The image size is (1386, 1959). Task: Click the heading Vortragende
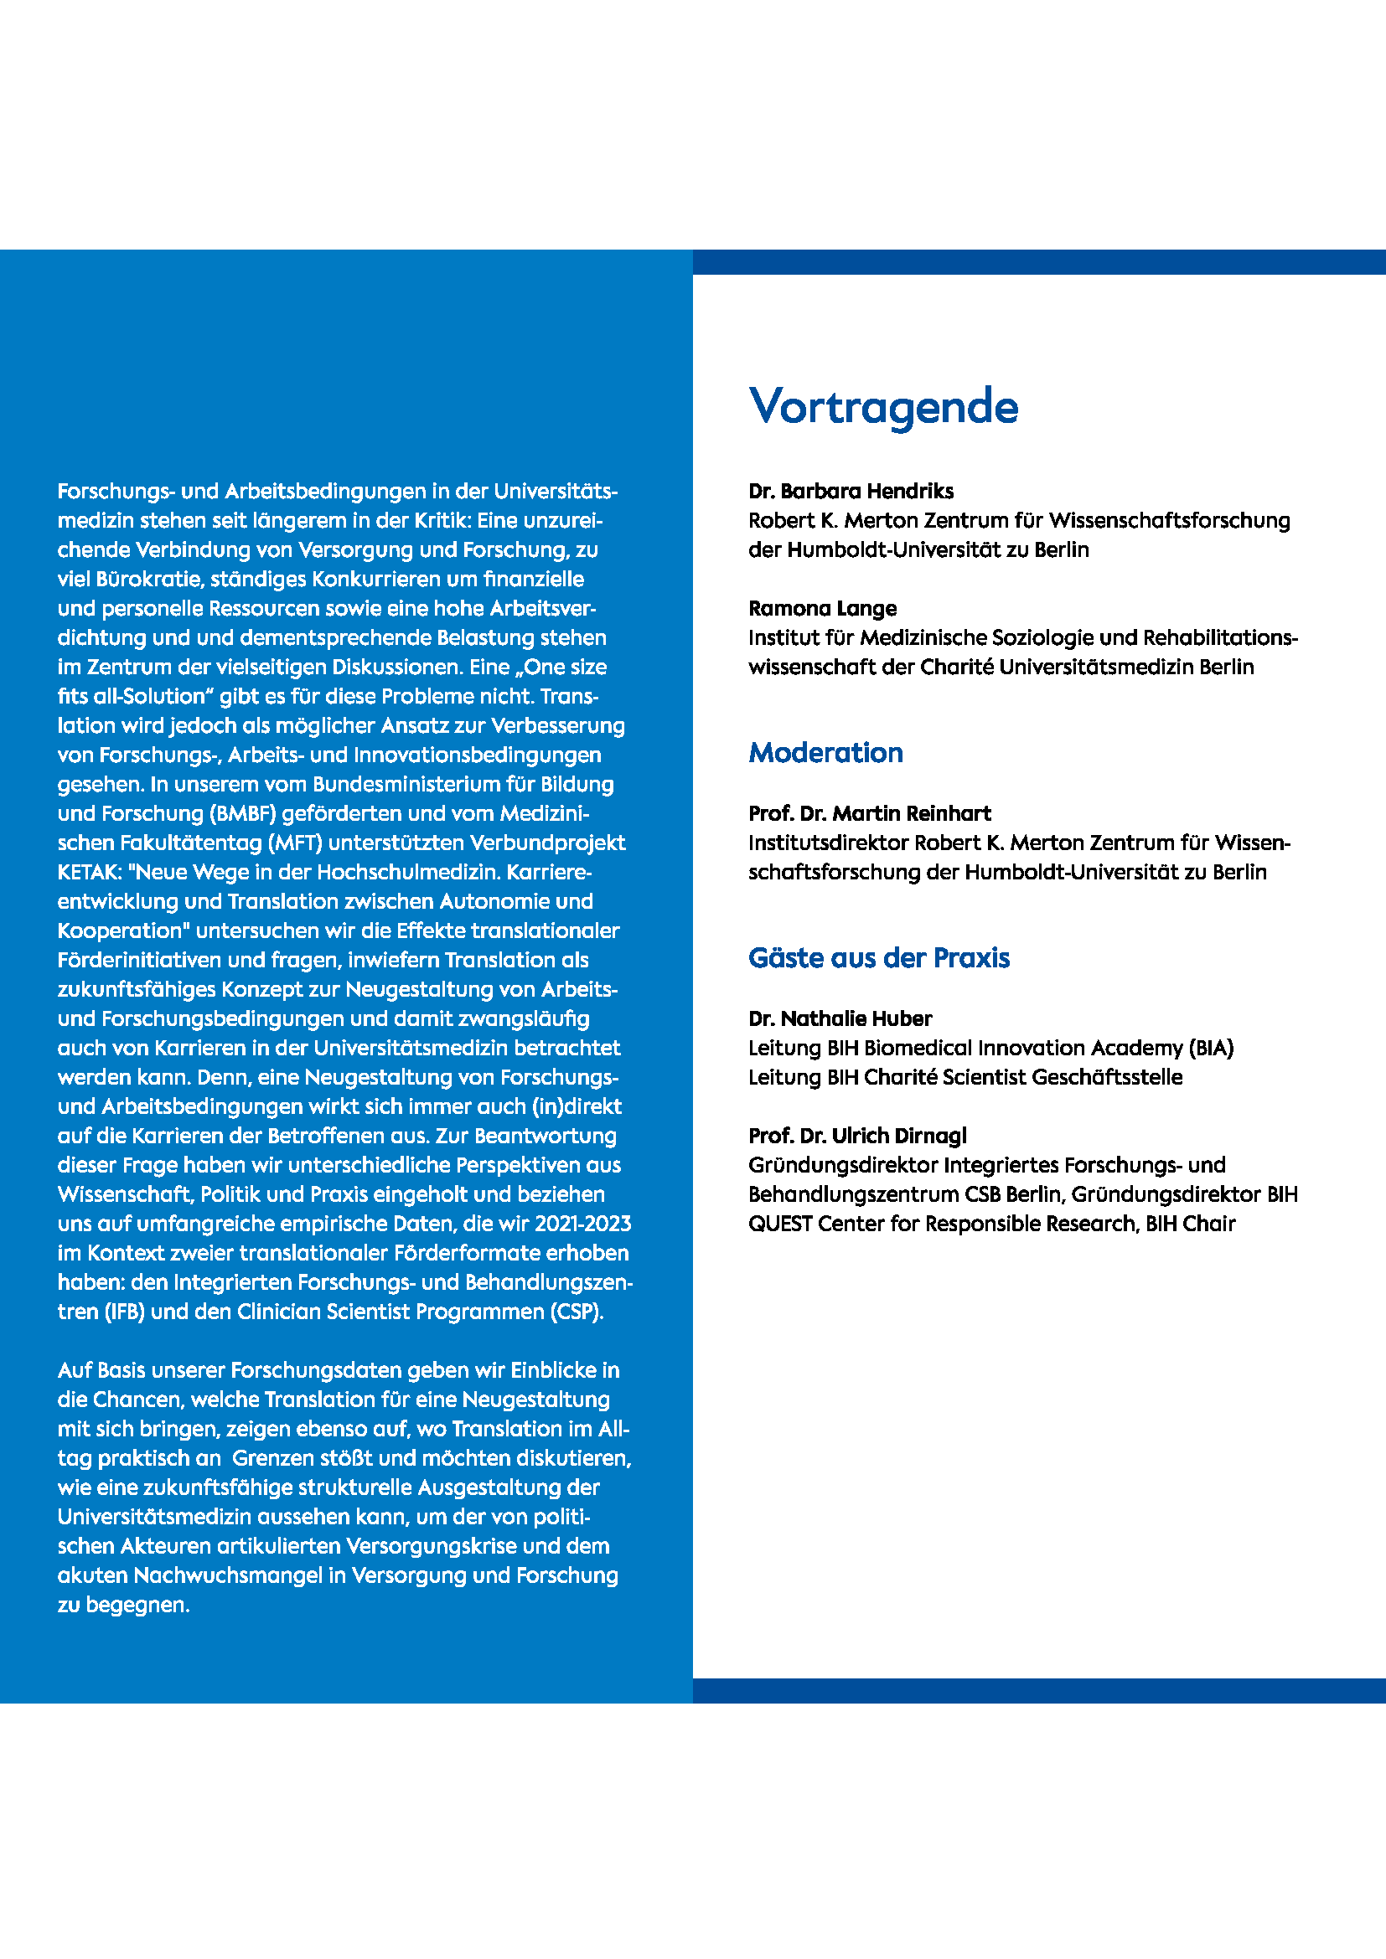883,406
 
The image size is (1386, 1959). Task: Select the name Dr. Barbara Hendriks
851,491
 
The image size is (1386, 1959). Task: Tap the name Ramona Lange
822,608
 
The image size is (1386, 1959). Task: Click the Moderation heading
825,753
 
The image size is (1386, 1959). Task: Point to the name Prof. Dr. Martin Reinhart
870,813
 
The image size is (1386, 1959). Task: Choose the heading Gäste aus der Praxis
878,957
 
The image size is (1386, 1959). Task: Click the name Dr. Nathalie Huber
840,1018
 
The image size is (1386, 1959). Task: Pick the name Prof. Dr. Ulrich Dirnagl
857,1136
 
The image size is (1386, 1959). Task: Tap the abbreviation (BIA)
1210,1048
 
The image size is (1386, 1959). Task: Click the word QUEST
780,1224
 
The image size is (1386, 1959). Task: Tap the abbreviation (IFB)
124,1312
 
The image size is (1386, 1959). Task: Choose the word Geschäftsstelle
1107,1077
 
